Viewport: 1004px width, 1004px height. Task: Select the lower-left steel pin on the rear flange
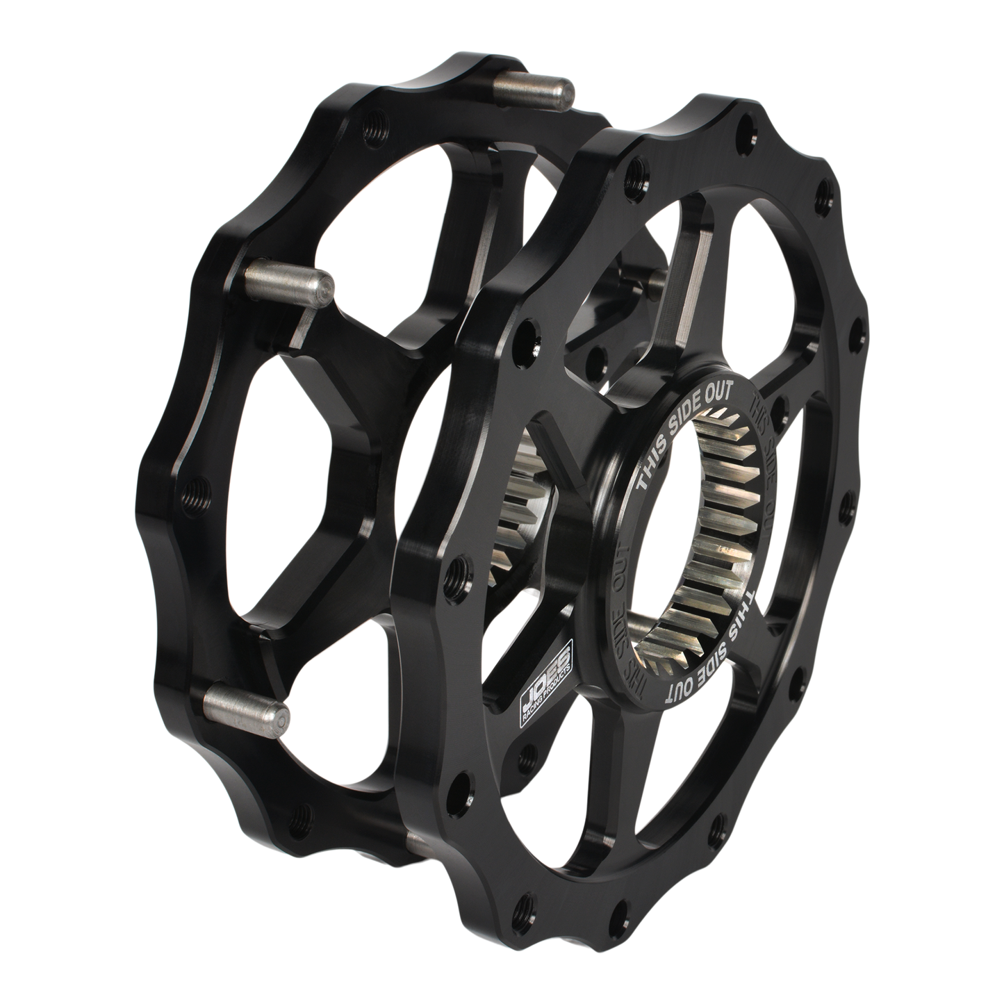point(247,702)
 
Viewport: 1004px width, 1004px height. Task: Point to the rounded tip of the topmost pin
point(568,90)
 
